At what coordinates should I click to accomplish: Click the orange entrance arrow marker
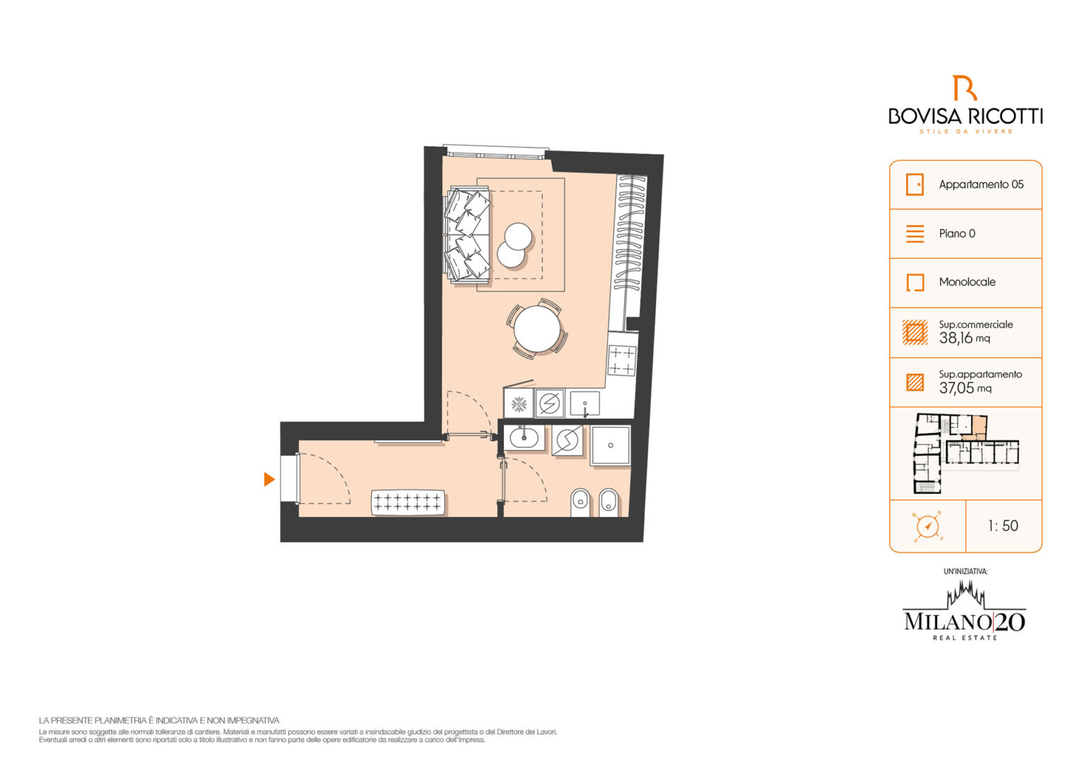click(x=269, y=479)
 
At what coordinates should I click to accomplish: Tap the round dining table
click(x=537, y=329)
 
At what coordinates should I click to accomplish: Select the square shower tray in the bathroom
click(x=610, y=446)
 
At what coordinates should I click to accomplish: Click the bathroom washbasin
click(x=524, y=438)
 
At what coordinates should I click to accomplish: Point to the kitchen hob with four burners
click(x=621, y=360)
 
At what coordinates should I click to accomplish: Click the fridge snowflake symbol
click(x=519, y=405)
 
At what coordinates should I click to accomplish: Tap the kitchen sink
click(x=585, y=403)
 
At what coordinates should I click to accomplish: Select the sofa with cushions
click(x=467, y=235)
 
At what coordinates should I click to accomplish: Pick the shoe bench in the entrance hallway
click(x=407, y=502)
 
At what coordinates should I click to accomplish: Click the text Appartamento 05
click(x=981, y=184)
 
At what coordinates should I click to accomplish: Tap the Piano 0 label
click(x=957, y=234)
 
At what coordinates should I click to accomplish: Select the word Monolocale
click(x=967, y=281)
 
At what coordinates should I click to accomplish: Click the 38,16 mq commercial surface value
click(x=964, y=338)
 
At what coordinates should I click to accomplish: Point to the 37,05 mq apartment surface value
click(x=965, y=388)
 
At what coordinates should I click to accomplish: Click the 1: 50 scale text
click(x=1004, y=526)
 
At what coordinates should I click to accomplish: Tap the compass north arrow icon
click(x=927, y=526)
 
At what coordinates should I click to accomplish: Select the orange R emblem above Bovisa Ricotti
click(x=964, y=88)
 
